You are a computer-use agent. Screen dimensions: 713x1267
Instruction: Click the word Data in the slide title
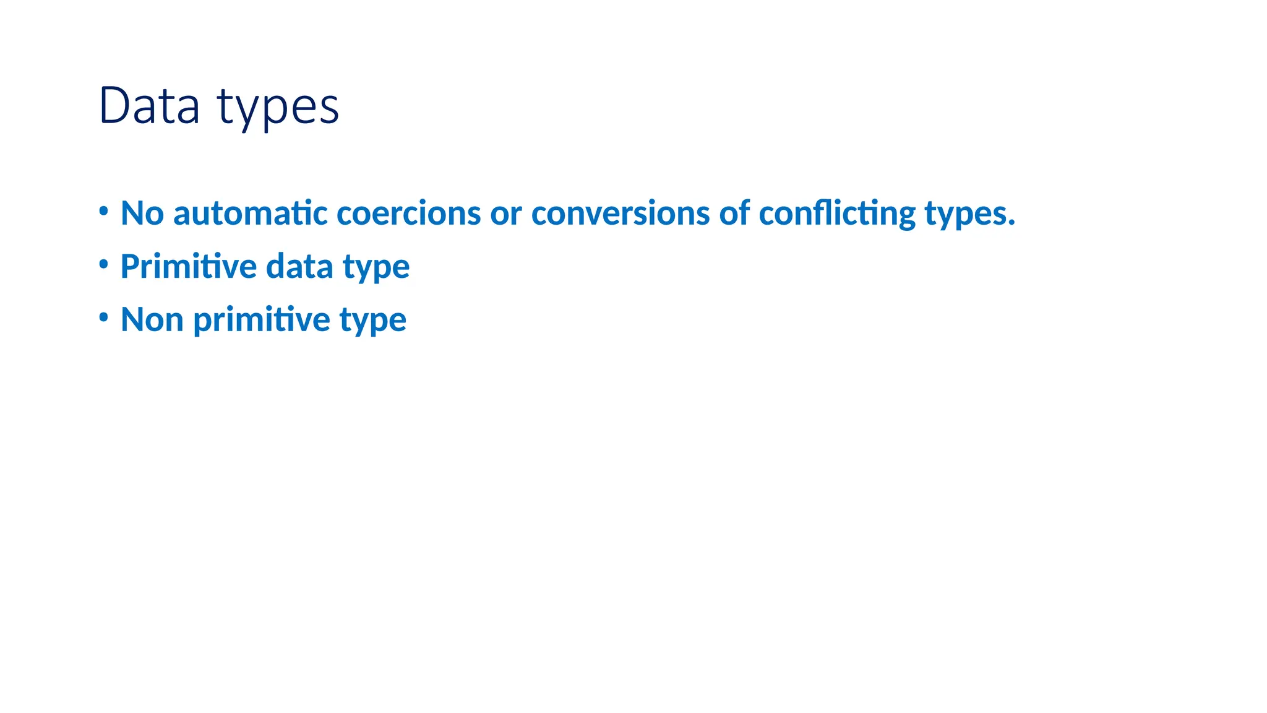pos(149,106)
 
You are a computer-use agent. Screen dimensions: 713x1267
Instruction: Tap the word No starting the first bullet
pos(142,214)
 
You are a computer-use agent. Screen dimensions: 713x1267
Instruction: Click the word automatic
pos(251,214)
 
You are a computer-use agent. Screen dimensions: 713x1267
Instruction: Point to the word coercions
pos(409,214)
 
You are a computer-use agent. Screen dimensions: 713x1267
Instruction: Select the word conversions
pos(621,214)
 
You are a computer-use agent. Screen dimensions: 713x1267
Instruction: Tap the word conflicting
pos(837,214)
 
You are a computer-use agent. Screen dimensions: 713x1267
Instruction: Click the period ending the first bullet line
pos(1011,223)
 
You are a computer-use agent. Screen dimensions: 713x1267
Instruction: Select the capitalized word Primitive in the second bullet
pos(189,267)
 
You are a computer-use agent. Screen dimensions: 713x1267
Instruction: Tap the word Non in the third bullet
pos(152,320)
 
